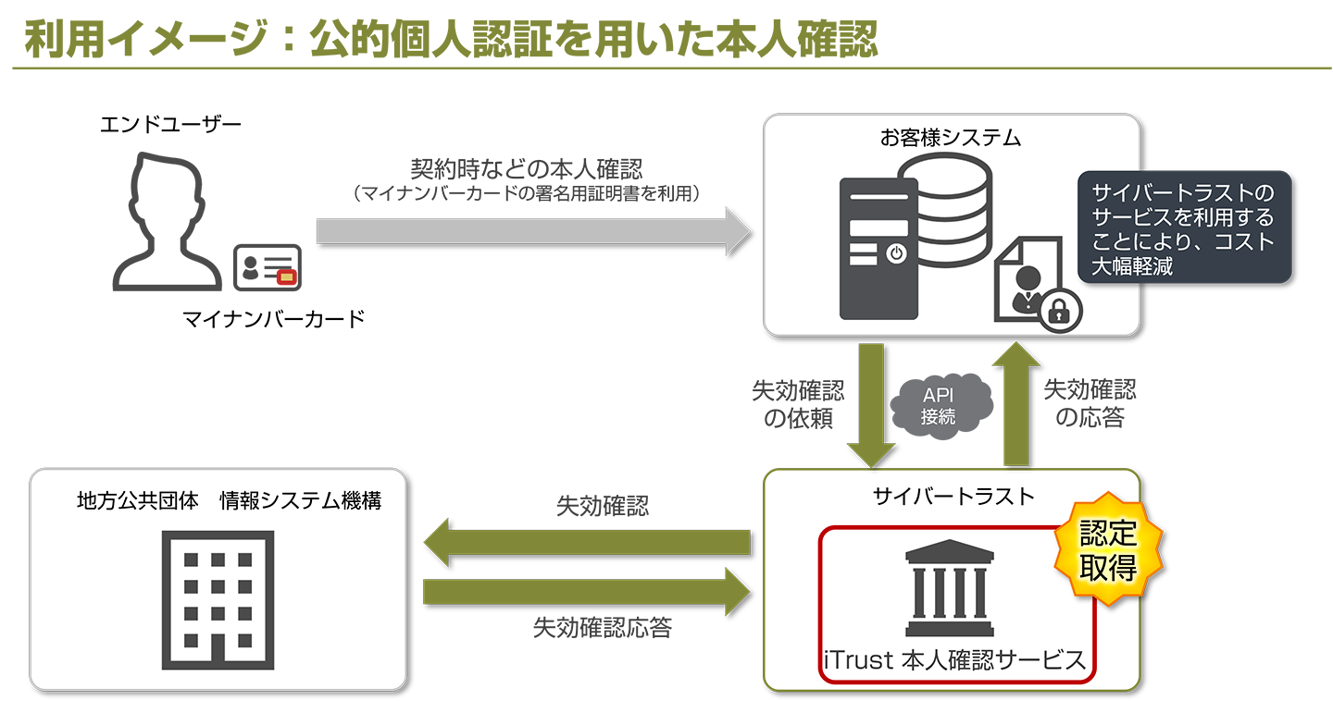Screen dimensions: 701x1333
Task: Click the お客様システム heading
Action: (950, 140)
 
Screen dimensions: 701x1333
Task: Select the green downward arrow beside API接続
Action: (870, 403)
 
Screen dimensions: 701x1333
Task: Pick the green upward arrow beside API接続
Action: (1015, 403)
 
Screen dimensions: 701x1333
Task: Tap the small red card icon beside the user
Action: (286, 277)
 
